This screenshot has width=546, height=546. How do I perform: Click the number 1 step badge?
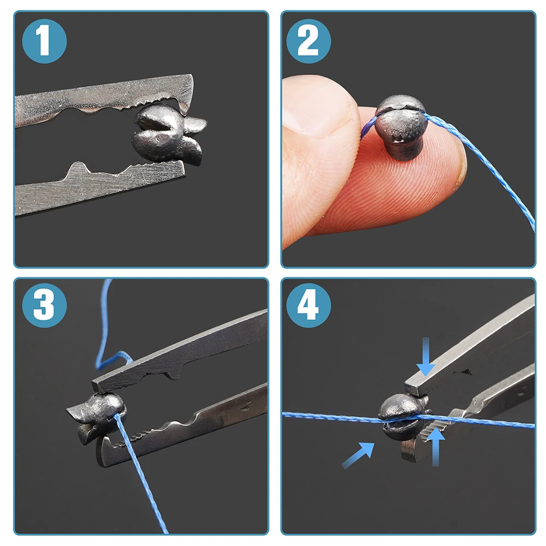pyautogui.click(x=44, y=41)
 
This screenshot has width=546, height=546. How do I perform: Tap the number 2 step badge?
pyautogui.click(x=308, y=41)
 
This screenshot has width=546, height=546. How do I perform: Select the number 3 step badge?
pyautogui.click(x=44, y=305)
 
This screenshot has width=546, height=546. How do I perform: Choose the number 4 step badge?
pyautogui.click(x=308, y=305)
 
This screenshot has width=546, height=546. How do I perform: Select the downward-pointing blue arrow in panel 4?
pyautogui.click(x=425, y=357)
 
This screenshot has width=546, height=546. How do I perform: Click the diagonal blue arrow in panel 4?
pyautogui.click(x=358, y=455)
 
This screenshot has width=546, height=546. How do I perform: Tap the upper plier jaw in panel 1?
pyautogui.click(x=104, y=99)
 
